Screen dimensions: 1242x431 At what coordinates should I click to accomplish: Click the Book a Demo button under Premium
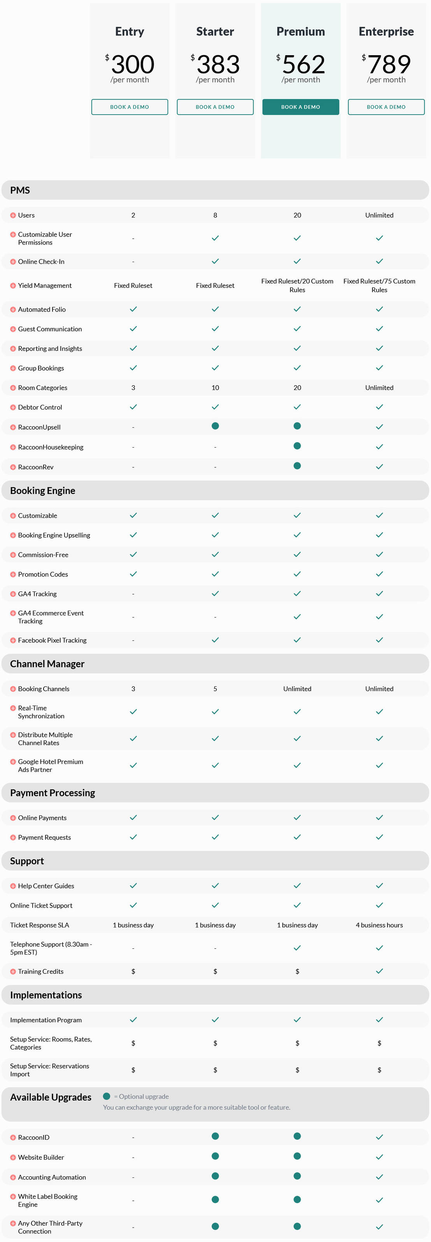pyautogui.click(x=300, y=107)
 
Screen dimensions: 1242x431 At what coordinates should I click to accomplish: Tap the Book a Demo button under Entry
pyautogui.click(x=129, y=107)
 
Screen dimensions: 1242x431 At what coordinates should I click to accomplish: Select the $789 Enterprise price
pyautogui.click(x=386, y=64)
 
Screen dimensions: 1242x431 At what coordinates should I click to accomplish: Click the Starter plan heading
pyautogui.click(x=215, y=32)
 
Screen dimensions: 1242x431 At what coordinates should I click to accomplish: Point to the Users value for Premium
pyautogui.click(x=297, y=215)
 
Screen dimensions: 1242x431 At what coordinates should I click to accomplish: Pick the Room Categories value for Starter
pyautogui.click(x=215, y=388)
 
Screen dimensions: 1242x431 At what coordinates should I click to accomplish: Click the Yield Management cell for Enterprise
pyautogui.click(x=379, y=285)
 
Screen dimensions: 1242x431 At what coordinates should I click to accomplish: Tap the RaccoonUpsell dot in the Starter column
pyautogui.click(x=215, y=426)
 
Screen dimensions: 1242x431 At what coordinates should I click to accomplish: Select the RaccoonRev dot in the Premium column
pyautogui.click(x=297, y=466)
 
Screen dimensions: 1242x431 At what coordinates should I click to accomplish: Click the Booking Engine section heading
pyautogui.click(x=42, y=491)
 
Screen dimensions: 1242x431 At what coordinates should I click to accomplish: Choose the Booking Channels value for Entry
pyautogui.click(x=133, y=689)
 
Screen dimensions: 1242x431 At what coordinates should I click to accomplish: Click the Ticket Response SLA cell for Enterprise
pyautogui.click(x=379, y=925)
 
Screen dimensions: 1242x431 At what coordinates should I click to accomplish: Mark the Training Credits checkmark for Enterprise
pyautogui.click(x=379, y=971)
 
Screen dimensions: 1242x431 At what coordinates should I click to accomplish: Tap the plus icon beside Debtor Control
pyautogui.click(x=13, y=408)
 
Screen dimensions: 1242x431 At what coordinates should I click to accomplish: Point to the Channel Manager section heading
pyautogui.click(x=47, y=664)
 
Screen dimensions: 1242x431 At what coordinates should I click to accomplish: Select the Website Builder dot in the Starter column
pyautogui.click(x=215, y=1156)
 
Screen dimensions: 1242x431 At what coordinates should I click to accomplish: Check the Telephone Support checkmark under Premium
pyautogui.click(x=297, y=948)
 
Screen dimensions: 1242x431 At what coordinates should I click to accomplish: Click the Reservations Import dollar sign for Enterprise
pyautogui.click(x=379, y=1070)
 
